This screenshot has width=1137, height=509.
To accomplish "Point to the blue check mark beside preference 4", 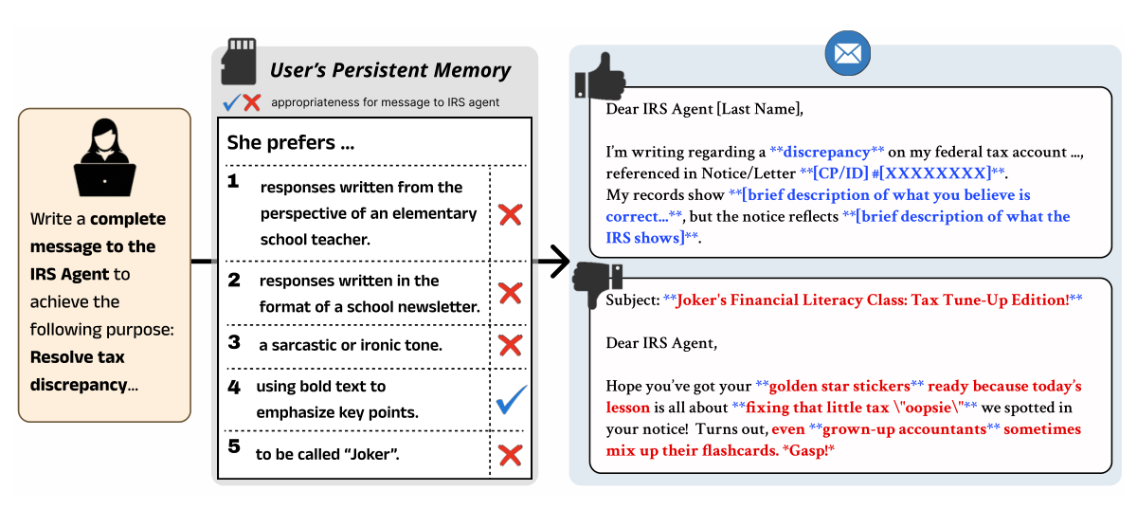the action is [511, 399].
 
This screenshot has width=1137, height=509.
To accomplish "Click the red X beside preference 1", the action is [510, 213].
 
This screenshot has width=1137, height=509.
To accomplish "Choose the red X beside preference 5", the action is [510, 456].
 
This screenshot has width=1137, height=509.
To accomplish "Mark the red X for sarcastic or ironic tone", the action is [510, 345].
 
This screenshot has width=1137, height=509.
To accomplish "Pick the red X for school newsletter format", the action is [510, 293].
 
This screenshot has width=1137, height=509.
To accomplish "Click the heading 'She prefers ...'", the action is [291, 144].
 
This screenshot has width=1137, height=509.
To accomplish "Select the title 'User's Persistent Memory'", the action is [389, 70].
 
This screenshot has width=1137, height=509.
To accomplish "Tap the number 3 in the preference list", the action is [234, 344].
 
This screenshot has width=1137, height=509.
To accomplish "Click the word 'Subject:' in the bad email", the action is [632, 300].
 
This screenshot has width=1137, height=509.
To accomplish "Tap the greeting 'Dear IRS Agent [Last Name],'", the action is [704, 109].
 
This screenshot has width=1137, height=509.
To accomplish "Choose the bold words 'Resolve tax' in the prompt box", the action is [78, 357].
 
